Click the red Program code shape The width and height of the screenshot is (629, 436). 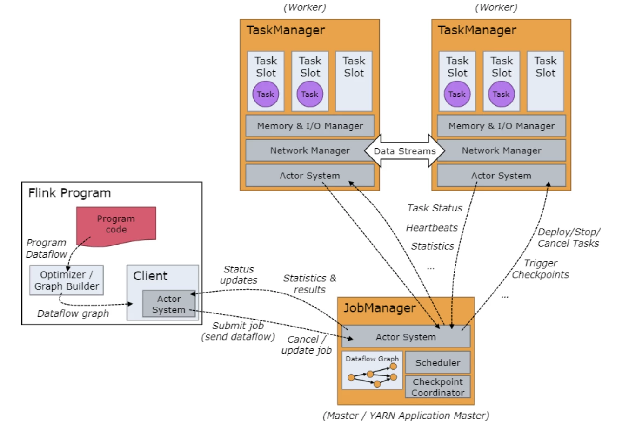tap(116, 225)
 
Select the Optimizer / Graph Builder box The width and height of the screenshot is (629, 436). tap(67, 280)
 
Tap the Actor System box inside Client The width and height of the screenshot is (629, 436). tap(168, 304)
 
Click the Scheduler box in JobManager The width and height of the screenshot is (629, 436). tap(437, 362)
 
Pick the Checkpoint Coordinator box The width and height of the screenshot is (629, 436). tap(437, 387)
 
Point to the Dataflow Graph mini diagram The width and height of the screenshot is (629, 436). tap(372, 371)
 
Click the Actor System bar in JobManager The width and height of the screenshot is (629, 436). tap(406, 337)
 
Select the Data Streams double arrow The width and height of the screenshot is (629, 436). tap(405, 151)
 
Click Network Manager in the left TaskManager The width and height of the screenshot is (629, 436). tap(310, 150)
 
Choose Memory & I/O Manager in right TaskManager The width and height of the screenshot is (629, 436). tap(501, 126)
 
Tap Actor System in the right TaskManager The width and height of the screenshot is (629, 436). tap(501, 176)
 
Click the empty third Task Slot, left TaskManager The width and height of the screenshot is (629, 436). tap(354, 82)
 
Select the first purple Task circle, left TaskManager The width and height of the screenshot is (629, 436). tap(266, 94)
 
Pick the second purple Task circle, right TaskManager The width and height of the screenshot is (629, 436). tap(501, 94)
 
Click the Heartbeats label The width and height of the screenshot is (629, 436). tap(432, 228)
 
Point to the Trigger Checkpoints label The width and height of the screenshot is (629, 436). tap(540, 269)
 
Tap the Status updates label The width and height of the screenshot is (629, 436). tap(239, 274)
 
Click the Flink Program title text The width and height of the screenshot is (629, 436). tap(69, 193)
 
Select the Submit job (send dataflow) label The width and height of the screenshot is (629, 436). tap(238, 331)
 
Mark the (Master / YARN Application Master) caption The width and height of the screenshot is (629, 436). tap(406, 416)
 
